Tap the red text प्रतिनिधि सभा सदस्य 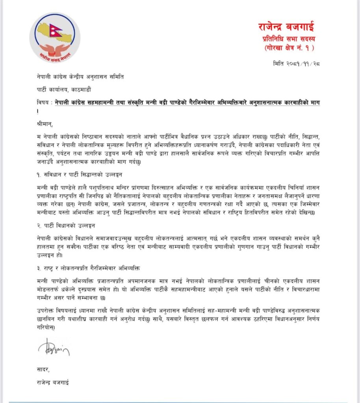click(291, 39)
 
